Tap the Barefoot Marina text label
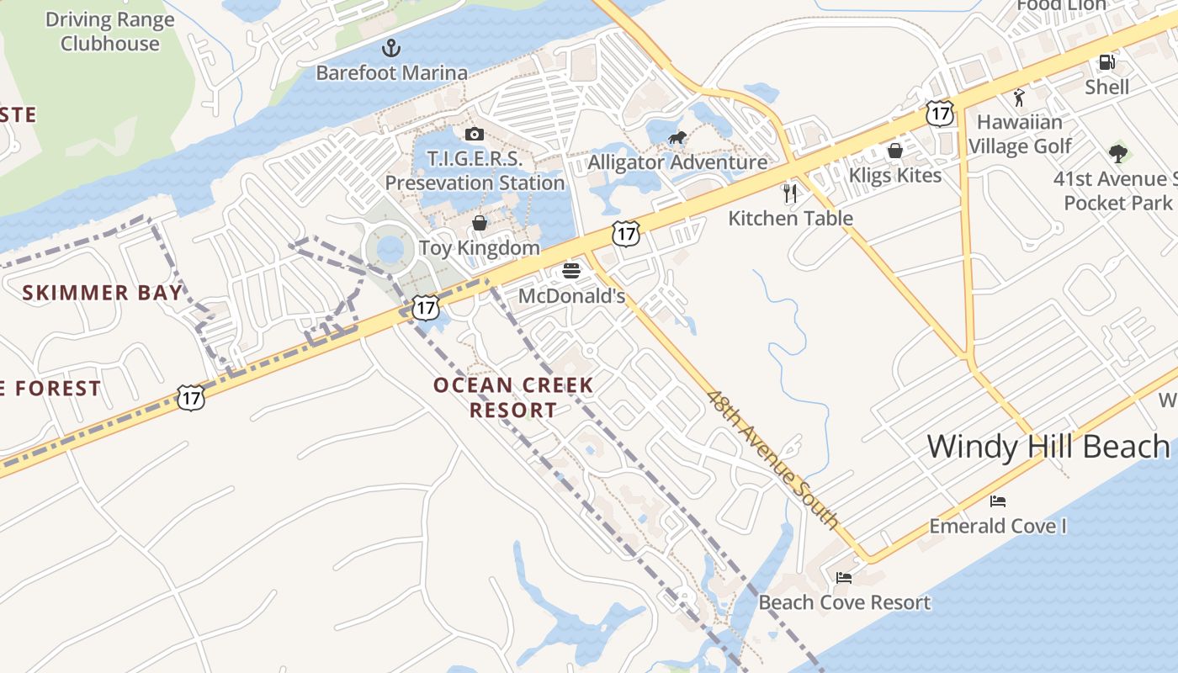391,73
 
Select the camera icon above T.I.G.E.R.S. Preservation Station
474,134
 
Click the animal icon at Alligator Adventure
677,138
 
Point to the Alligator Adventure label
677,162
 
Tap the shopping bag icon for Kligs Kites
895,151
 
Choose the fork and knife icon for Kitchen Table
789,193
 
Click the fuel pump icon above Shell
1106,62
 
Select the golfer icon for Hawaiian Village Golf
1019,98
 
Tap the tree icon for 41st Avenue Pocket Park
1117,154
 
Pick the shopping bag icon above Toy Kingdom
479,223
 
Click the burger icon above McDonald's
571,271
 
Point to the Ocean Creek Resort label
513,398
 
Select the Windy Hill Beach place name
1048,446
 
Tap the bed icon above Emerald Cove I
998,501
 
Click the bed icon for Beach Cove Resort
844,577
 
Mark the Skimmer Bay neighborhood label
102,293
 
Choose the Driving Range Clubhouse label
109,32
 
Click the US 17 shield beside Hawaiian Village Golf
939,113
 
